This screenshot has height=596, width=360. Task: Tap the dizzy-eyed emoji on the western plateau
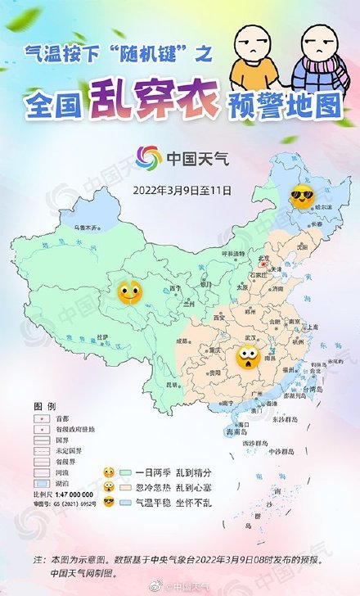click(x=129, y=291)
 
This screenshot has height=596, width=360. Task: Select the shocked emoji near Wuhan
click(x=246, y=355)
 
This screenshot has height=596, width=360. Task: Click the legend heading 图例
click(x=44, y=406)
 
